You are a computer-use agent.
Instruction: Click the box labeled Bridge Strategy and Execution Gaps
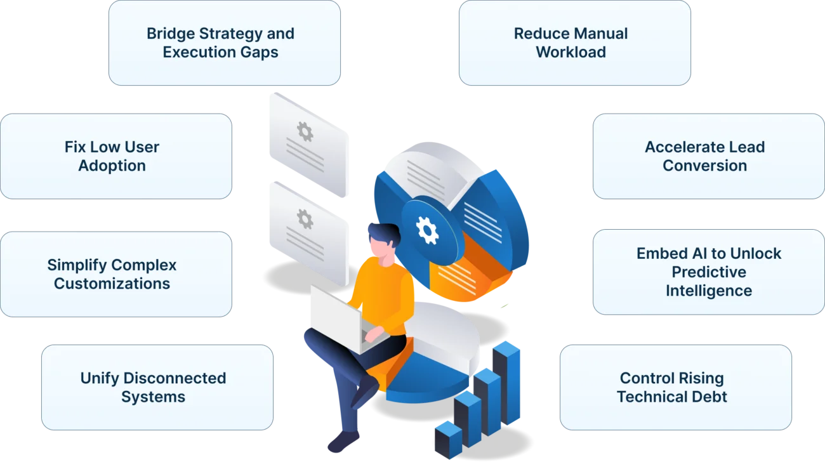coord(223,43)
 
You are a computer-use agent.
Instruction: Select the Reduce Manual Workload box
coord(574,43)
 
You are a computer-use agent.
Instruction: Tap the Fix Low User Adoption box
coord(115,156)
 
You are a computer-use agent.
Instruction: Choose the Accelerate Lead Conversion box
coord(708,156)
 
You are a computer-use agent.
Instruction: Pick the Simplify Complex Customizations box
coord(115,274)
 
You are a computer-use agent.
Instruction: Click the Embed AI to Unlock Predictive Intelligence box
coord(708,272)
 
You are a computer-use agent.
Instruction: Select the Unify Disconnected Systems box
coord(157,387)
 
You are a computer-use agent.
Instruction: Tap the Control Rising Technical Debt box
coord(675,387)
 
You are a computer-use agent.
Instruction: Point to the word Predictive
coord(709,272)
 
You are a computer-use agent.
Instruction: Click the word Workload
coord(571,52)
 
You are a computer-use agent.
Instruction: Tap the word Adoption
coord(112,166)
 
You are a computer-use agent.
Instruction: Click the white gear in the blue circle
coord(427,230)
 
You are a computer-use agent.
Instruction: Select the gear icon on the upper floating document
coord(305,131)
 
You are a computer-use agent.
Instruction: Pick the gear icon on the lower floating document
coord(305,220)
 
